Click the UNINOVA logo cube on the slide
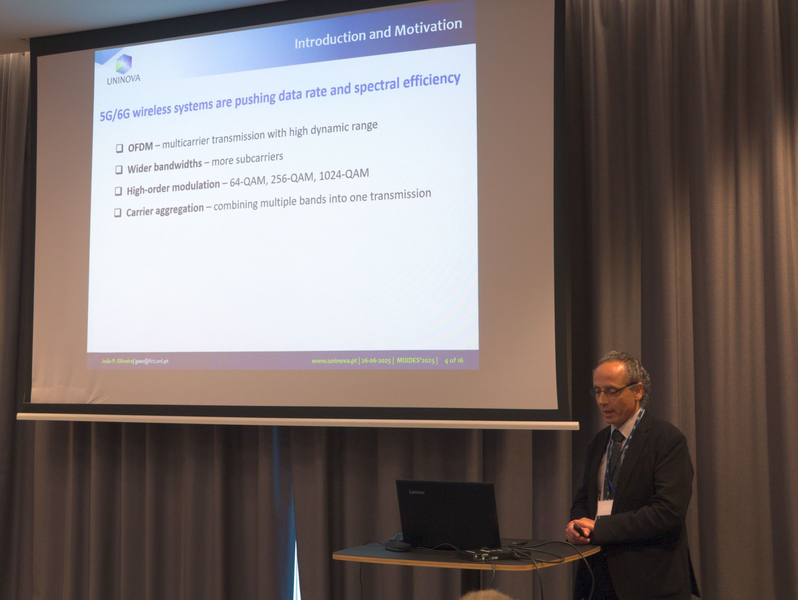(x=124, y=64)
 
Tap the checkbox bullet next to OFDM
(x=119, y=148)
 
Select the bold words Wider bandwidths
(x=164, y=166)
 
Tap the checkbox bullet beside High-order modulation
(x=118, y=191)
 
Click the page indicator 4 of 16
(x=454, y=361)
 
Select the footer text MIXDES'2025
(x=415, y=361)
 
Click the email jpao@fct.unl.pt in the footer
(x=152, y=361)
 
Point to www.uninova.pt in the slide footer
(x=334, y=361)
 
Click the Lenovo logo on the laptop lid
(x=416, y=492)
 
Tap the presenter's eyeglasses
(x=613, y=390)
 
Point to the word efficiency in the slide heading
(x=432, y=82)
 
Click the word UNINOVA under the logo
(x=123, y=79)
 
